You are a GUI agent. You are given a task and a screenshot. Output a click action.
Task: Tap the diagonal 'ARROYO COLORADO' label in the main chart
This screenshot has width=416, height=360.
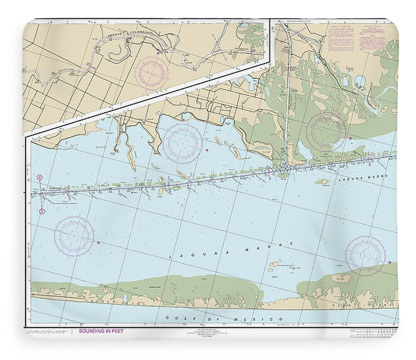pyautogui.click(x=307, y=44)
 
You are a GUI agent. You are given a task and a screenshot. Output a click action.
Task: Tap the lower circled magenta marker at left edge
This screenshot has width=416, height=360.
pyautogui.click(x=42, y=212)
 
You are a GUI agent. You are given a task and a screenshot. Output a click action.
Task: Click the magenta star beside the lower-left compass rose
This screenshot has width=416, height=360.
pyautogui.click(x=99, y=242)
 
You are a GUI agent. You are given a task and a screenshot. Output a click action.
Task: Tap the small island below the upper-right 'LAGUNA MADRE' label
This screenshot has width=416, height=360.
pyautogui.click(x=321, y=182)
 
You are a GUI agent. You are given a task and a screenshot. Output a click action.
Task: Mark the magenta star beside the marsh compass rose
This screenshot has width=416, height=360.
pyautogui.click(x=350, y=138)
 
